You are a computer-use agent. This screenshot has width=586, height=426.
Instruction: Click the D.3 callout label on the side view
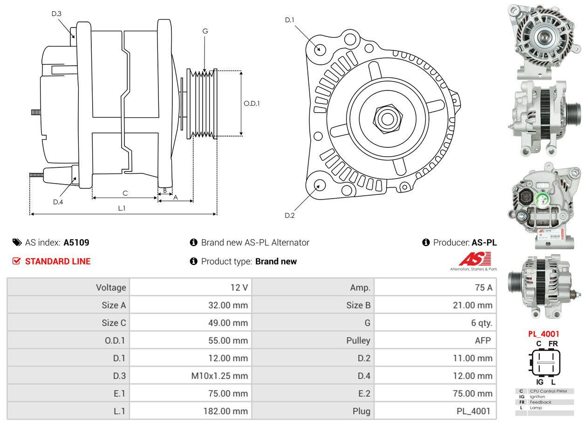point(56,14)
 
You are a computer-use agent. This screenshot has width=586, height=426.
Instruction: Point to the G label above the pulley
point(205,31)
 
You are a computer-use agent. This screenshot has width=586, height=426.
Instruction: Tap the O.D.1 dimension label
point(252,103)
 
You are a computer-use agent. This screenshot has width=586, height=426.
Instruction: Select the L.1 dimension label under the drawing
point(122,208)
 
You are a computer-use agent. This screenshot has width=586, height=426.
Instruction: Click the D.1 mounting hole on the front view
point(320,48)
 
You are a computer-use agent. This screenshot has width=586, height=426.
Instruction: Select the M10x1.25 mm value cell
point(191,376)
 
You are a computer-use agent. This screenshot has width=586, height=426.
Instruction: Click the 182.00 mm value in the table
point(191,411)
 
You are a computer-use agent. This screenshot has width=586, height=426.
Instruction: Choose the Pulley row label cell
point(313,340)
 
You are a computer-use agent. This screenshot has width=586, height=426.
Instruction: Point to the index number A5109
point(76,242)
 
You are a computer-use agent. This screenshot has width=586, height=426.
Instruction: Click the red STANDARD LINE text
point(58,261)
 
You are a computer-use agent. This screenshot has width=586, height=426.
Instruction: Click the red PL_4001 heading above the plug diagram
point(544,334)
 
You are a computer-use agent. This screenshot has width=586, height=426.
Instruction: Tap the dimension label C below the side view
point(125,193)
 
